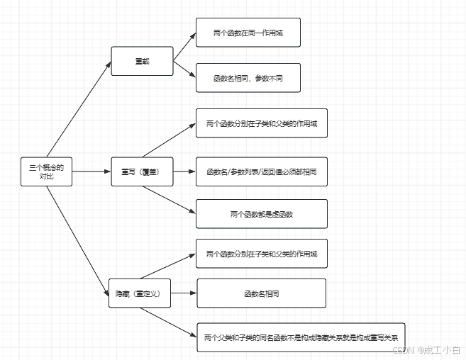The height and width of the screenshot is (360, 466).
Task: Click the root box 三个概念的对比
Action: coord(46,172)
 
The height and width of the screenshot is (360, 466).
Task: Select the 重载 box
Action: coord(142,62)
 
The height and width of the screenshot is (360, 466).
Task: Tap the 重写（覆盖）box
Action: coord(142,171)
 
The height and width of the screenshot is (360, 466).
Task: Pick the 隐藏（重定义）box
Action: coord(140,293)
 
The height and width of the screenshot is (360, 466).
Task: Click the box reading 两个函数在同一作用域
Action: coord(248,33)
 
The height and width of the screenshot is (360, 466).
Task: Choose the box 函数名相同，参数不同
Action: coord(248,77)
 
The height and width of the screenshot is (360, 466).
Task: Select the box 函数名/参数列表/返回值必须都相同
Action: coord(261,171)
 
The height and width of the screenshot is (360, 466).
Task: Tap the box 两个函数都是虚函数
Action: coord(261,213)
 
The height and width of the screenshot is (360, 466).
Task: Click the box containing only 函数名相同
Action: coord(260,293)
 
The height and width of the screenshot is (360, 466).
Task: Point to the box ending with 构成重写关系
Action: coord(301,337)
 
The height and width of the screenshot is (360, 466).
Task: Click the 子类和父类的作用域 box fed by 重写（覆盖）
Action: coord(261,123)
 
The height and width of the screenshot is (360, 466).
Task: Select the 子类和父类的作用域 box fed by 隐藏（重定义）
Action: coord(261,254)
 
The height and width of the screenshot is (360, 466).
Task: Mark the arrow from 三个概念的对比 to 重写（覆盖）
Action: coord(91,171)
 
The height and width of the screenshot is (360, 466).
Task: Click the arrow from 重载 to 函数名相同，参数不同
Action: coord(184,69)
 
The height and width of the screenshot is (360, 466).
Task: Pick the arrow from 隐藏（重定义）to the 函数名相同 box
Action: coord(184,293)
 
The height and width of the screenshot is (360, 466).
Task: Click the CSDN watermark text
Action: coord(426,349)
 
